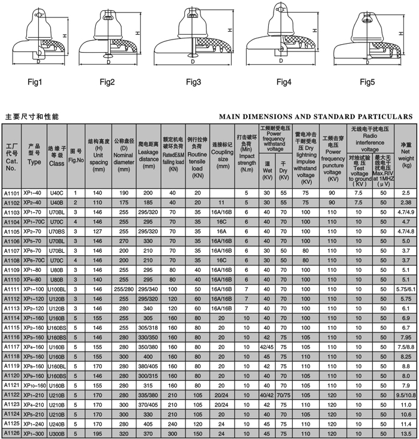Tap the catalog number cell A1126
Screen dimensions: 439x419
coord(12,433)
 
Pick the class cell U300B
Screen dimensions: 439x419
coord(56,433)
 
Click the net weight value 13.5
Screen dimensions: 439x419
coord(405,433)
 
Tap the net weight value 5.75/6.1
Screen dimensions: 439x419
coord(405,289)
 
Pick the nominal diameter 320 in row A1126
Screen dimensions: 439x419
coord(123,433)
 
